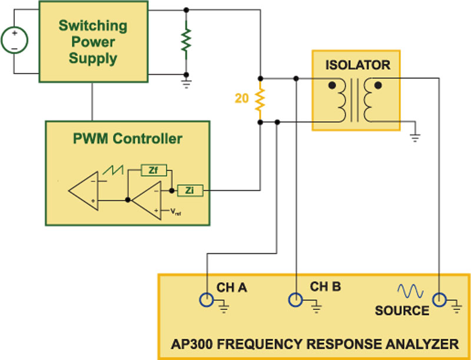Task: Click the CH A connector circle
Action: tap(207, 299)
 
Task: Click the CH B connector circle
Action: tap(296, 299)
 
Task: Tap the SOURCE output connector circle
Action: tap(439, 299)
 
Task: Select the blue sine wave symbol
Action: tap(410, 291)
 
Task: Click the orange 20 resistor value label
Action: tap(242, 98)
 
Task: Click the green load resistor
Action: tap(186, 40)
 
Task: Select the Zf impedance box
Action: tap(154, 170)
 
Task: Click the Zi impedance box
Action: tap(190, 190)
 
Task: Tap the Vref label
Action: tap(175, 212)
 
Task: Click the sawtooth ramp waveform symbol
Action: tap(112, 170)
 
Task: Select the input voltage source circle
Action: tap(14, 40)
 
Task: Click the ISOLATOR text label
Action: tap(358, 65)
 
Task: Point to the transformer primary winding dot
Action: tap(332, 85)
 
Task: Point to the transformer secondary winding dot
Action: tap(378, 85)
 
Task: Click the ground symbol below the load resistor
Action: tap(187, 84)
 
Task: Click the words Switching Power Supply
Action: tap(93, 42)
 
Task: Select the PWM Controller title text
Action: tap(128, 138)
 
